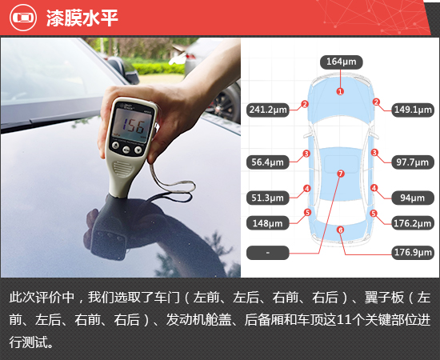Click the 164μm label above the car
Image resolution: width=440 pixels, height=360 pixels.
pos(340,61)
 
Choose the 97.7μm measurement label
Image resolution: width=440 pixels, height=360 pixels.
pos(412,162)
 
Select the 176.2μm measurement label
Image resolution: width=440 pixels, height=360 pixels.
pos(412,223)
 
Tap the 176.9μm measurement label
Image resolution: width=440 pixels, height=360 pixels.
pos(412,253)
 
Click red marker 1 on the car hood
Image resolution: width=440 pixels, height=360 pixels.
pos(340,91)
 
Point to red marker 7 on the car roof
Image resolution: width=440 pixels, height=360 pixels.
pos(340,173)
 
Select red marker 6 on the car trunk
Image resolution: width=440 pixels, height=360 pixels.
pos(340,230)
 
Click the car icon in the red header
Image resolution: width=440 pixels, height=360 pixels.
pos(21,18)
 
